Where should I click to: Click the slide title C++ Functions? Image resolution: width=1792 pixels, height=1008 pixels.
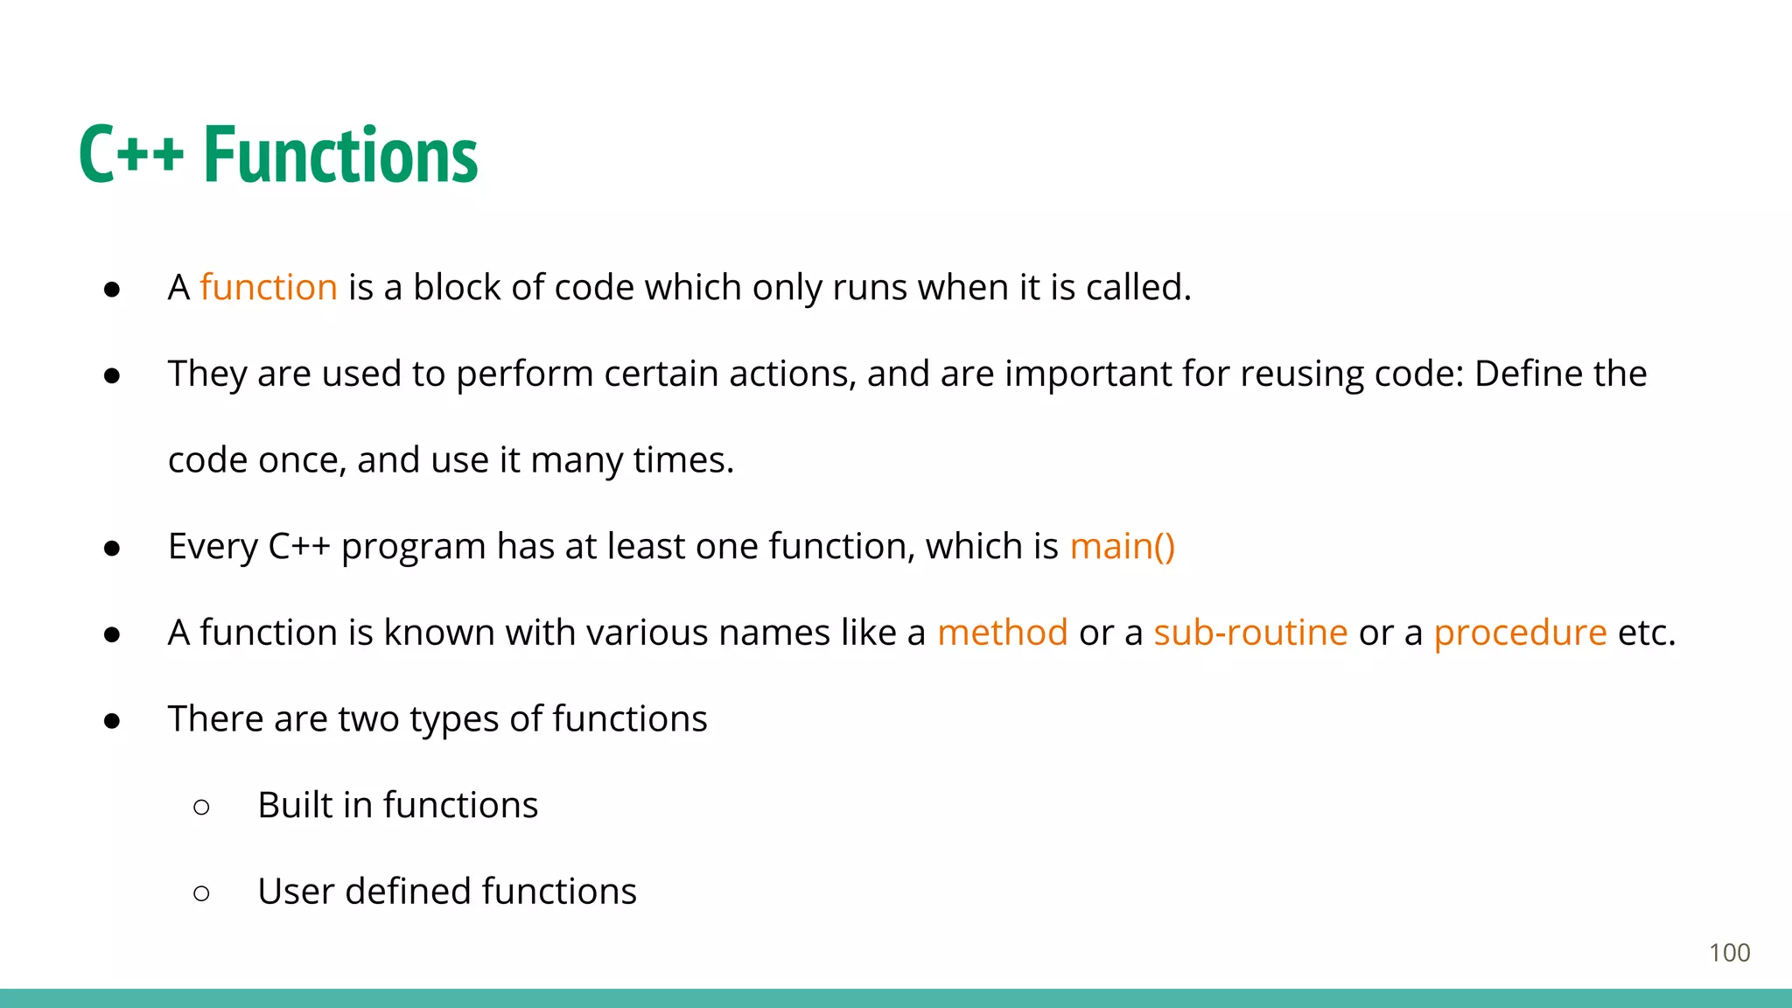pyautogui.click(x=278, y=155)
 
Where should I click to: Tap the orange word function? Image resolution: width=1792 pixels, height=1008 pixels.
pyautogui.click(x=268, y=287)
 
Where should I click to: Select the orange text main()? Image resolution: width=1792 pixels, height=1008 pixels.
pyautogui.click(x=1122, y=546)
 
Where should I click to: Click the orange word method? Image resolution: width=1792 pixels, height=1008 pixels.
pyautogui.click(x=1002, y=632)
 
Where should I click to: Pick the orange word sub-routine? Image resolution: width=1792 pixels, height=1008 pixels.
pyautogui.click(x=1249, y=632)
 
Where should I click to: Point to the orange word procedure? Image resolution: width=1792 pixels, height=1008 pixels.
pyautogui.click(x=1520, y=632)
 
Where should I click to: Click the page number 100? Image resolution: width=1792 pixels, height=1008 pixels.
pyautogui.click(x=1729, y=953)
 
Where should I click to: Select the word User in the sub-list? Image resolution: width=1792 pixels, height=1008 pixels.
pyautogui.click(x=296, y=892)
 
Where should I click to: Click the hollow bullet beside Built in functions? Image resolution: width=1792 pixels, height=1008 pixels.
pyautogui.click(x=201, y=807)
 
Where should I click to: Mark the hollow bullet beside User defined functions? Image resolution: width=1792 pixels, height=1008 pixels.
pyautogui.click(x=201, y=893)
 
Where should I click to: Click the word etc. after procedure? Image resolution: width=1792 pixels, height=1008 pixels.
pyautogui.click(x=1646, y=632)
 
